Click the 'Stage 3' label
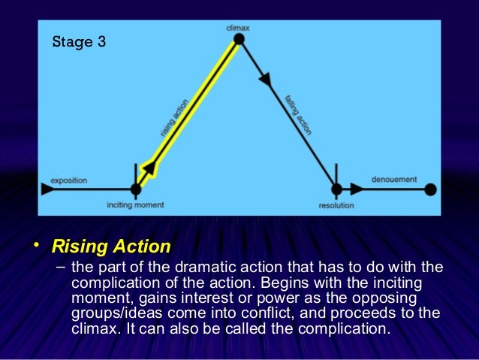coord(78,41)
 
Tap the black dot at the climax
coord(239,40)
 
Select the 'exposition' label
coord(69,180)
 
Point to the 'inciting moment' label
coord(135,204)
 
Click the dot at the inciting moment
coord(135,189)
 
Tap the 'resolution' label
coord(336,204)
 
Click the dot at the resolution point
coord(336,189)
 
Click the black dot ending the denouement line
coord(430,189)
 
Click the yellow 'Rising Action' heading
coord(110,247)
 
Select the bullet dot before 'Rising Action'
coord(37,245)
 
